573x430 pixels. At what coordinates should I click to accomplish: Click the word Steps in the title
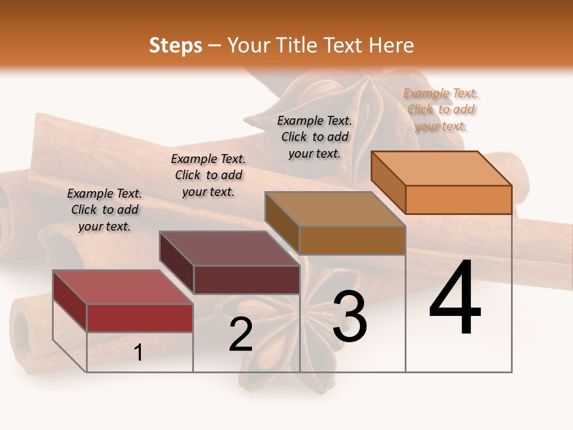click(175, 45)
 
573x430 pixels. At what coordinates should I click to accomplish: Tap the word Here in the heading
click(392, 45)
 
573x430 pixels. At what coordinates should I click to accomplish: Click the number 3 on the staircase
click(350, 317)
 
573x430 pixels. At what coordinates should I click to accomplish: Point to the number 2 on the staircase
click(241, 334)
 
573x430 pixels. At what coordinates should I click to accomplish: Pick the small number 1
click(138, 353)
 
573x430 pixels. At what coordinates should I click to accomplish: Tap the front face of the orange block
click(458, 199)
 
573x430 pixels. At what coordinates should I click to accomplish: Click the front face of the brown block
click(352, 240)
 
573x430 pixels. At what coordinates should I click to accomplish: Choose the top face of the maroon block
click(229, 248)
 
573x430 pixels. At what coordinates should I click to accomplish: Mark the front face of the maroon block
click(247, 279)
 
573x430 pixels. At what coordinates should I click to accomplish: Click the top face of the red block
click(123, 287)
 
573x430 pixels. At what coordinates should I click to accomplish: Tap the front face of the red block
click(140, 318)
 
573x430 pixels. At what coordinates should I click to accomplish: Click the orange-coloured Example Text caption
click(440, 109)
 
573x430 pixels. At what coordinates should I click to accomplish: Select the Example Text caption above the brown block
click(315, 137)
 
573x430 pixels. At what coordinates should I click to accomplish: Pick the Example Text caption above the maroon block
click(208, 175)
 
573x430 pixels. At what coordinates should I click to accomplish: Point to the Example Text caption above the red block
click(104, 210)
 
